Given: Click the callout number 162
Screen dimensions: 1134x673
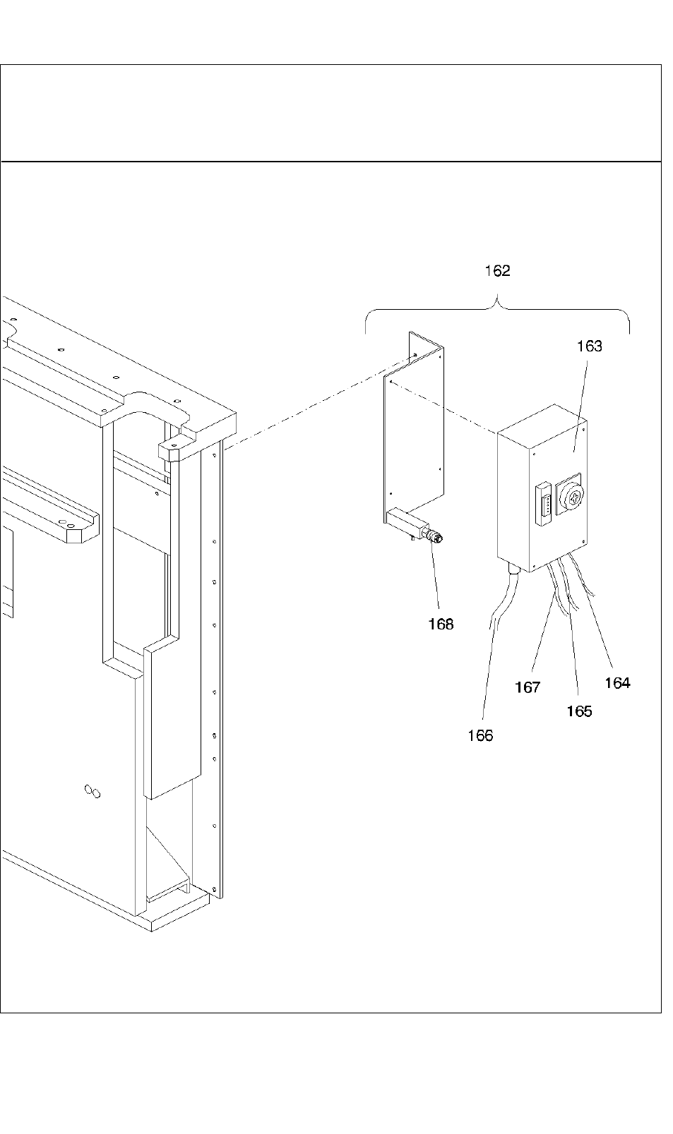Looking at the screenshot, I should [497, 271].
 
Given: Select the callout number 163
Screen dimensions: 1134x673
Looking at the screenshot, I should [590, 346].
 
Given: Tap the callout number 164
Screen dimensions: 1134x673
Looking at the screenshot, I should [617, 683].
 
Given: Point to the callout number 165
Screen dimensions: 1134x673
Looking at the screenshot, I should [579, 711].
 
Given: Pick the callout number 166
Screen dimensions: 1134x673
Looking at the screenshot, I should [480, 735].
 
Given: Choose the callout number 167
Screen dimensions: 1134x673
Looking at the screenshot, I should [528, 687].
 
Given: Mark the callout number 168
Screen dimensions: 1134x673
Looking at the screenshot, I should [441, 624].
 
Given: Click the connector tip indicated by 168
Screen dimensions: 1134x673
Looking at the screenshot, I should [437, 538].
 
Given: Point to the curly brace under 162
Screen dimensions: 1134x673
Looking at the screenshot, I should [497, 310].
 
